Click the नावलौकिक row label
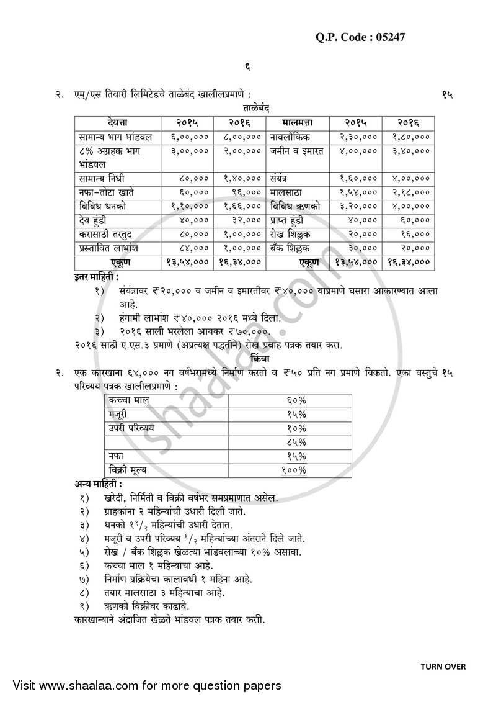tap(290, 135)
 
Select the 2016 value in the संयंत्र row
tap(407, 178)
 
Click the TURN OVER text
tap(443, 667)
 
